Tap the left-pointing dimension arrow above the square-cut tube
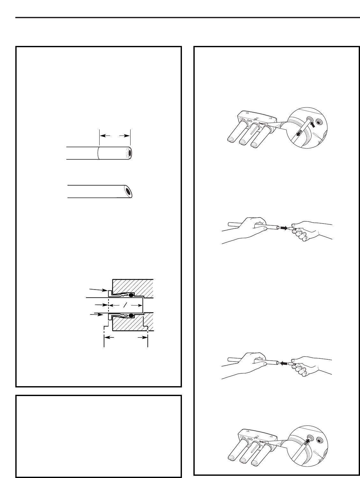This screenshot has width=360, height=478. (x=105, y=135)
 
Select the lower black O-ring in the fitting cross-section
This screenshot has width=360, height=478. (x=131, y=316)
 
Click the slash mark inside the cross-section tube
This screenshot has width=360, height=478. (x=125, y=305)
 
